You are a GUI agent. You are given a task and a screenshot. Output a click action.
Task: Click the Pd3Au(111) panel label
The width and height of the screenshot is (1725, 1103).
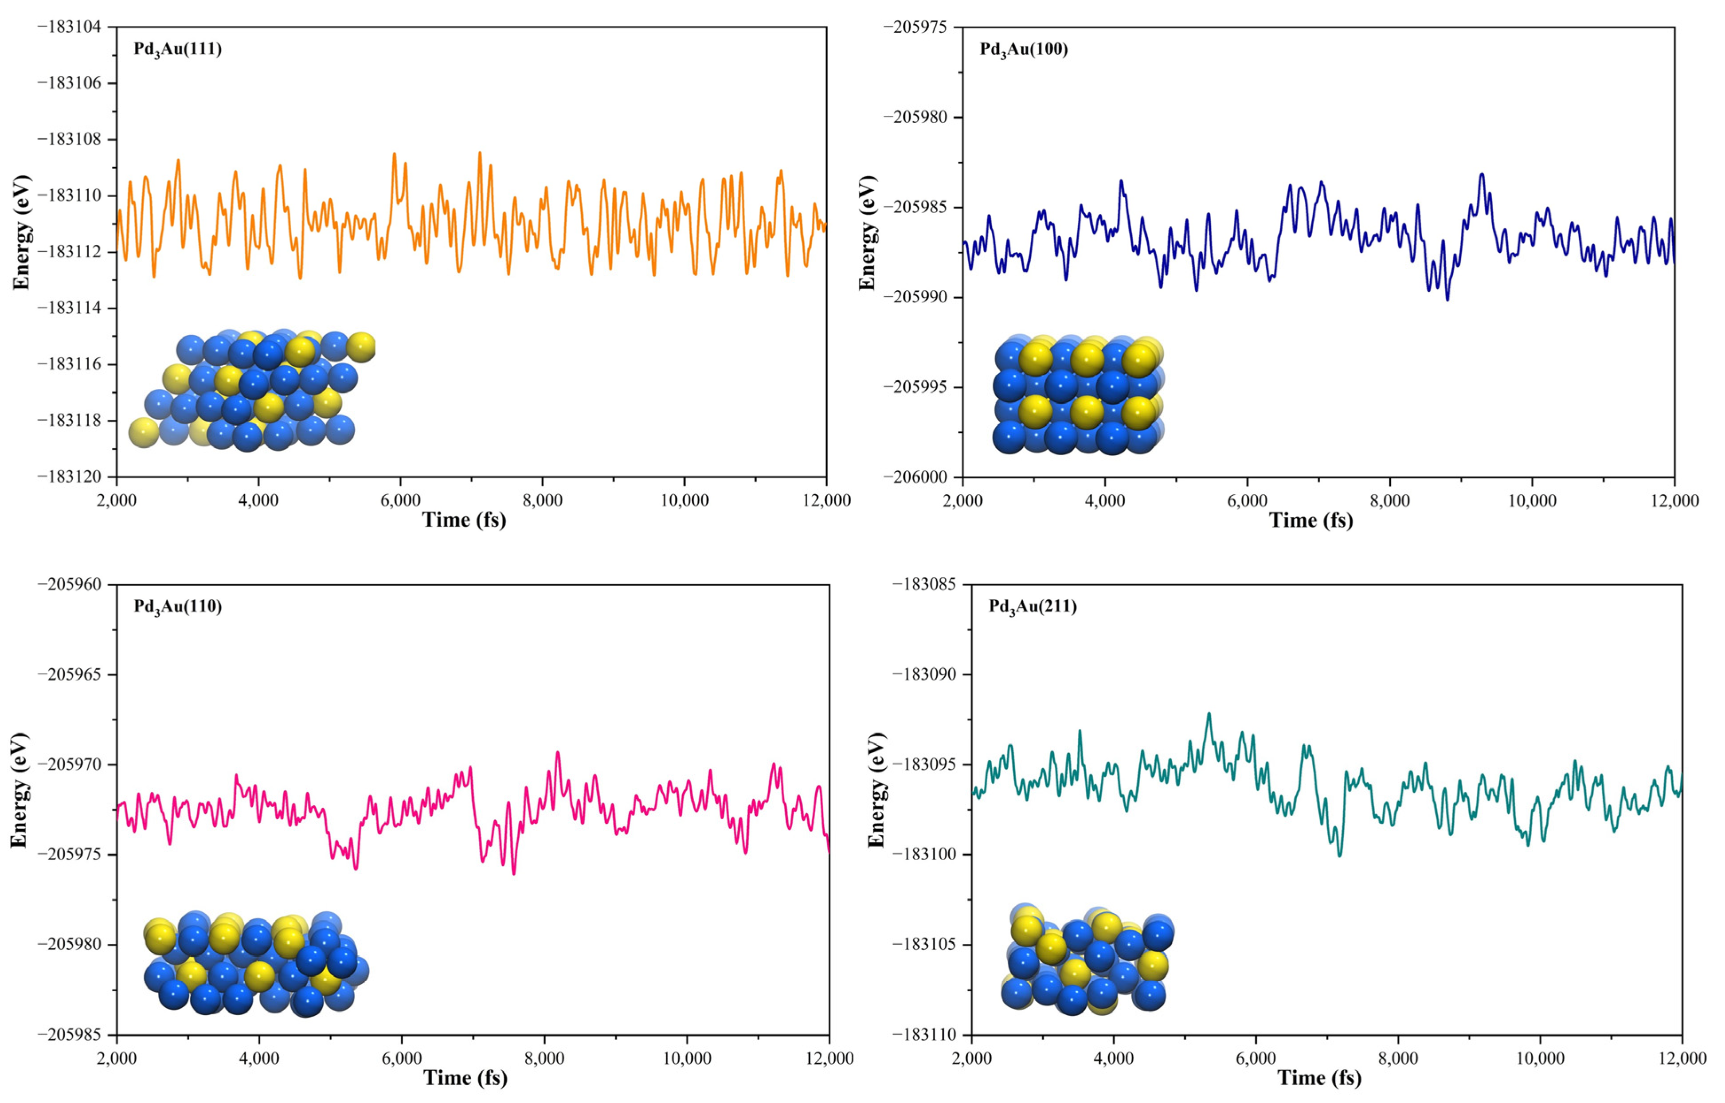(178, 49)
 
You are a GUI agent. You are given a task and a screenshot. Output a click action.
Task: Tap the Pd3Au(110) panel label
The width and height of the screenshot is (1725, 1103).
(178, 606)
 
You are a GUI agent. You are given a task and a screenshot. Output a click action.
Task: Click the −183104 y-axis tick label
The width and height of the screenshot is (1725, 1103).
(70, 27)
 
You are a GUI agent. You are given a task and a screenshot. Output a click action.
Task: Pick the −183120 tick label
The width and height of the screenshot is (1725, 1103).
(70, 476)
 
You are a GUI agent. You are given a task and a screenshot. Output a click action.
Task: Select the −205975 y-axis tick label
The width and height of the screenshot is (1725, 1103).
(924, 27)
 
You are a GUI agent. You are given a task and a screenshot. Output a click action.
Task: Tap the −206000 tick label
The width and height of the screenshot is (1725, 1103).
(924, 476)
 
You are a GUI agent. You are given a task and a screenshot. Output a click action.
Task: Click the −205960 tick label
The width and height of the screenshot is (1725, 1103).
(70, 584)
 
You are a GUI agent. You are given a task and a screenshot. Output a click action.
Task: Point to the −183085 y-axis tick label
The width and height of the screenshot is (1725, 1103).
(924, 584)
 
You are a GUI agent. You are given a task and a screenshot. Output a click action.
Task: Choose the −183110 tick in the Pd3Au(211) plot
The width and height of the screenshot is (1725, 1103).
(924, 1034)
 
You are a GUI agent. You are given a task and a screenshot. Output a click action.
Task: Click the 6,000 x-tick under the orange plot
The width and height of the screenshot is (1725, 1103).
(400, 500)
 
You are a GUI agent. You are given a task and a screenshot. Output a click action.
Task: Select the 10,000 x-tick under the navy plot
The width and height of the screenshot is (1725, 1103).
(1532, 500)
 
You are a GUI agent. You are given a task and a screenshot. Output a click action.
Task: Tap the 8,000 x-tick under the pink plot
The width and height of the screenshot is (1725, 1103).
(544, 1058)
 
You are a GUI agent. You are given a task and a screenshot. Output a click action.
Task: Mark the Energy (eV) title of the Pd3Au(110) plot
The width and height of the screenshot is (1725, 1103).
(20, 790)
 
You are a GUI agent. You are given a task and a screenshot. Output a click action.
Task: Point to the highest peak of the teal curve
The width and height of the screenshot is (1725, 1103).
(1209, 714)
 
